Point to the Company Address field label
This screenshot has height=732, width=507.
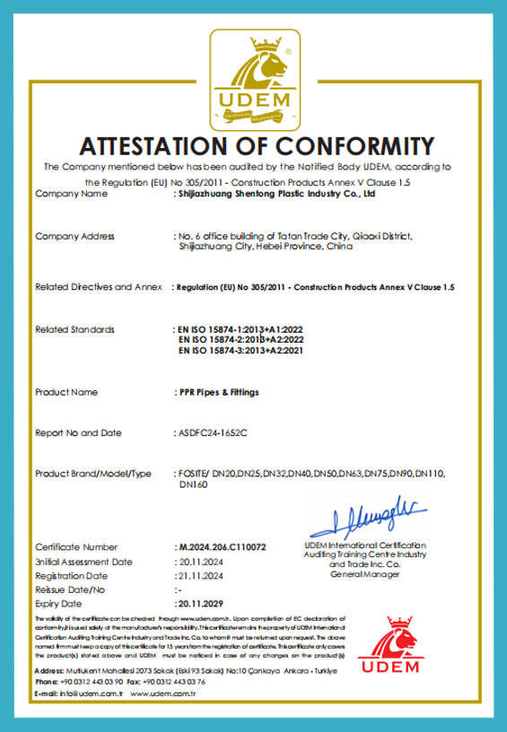(x=74, y=237)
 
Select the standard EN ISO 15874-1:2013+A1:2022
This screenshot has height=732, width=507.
(x=245, y=329)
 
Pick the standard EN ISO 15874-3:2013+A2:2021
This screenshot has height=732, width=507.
(x=247, y=350)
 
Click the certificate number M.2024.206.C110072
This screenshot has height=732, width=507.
(x=223, y=546)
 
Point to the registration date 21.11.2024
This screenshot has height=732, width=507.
(x=198, y=575)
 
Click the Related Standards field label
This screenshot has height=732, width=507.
(x=74, y=329)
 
